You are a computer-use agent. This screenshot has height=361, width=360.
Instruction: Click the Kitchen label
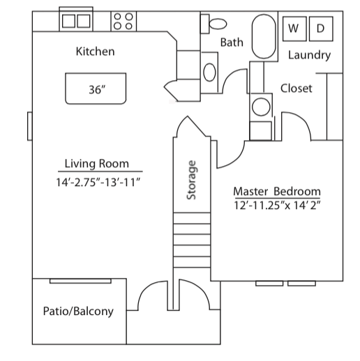[95, 52]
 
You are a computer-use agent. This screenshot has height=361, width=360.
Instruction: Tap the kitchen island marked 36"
[96, 89]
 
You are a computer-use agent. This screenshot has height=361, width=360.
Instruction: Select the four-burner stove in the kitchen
[124, 20]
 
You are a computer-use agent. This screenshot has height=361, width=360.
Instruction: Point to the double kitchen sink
[76, 20]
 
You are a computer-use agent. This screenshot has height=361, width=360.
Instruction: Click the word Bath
[232, 43]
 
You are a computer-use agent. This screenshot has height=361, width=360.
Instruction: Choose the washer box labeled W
[294, 29]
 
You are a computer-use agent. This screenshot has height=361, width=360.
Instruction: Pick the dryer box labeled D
[320, 29]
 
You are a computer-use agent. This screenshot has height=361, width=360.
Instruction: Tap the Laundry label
[309, 56]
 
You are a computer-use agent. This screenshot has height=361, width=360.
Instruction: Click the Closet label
[296, 89]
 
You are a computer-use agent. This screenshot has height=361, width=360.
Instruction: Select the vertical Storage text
[192, 180]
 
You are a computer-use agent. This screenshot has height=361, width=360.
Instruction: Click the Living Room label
[97, 164]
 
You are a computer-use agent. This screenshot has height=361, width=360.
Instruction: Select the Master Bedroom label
[276, 191]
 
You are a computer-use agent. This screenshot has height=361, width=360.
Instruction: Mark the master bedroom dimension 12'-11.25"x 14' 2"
[277, 206]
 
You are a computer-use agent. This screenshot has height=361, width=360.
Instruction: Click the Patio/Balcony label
[77, 311]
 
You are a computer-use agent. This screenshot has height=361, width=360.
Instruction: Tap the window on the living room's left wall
[29, 125]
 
